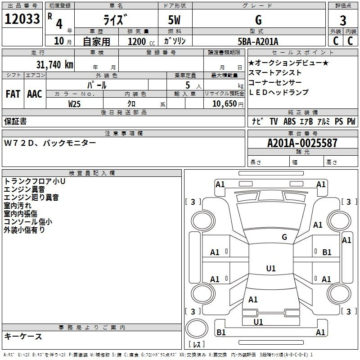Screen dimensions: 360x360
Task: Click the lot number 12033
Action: point(22,19)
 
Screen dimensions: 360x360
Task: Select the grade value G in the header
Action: point(258,20)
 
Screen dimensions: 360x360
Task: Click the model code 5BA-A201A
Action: point(258,41)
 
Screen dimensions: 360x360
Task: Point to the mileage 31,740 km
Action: point(54,64)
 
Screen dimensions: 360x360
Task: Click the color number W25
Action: point(75,103)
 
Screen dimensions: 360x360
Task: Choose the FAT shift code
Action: point(13,94)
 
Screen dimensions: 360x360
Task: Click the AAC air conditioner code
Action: point(34,94)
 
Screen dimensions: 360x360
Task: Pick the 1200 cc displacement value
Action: point(137,41)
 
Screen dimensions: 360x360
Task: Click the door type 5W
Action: point(175,20)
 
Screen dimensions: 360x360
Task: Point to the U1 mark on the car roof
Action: point(270,269)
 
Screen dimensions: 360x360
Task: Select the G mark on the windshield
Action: point(284,237)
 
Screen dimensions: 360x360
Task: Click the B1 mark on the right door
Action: point(327,252)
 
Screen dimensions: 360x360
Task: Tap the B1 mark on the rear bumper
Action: point(221,332)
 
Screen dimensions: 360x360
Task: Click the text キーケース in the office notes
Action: point(23,336)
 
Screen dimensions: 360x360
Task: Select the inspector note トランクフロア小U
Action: point(35,181)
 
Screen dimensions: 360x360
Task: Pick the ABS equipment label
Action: point(289,121)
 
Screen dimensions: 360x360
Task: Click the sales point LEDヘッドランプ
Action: point(279,92)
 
